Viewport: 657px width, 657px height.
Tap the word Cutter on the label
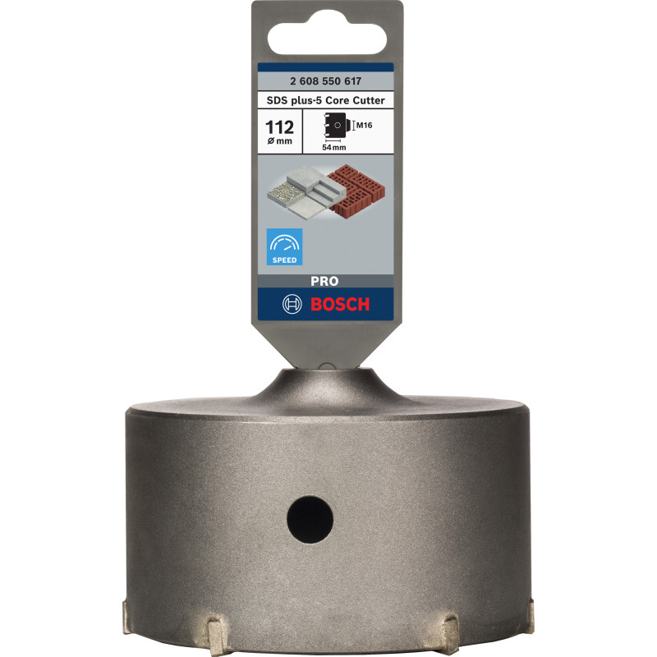[365, 100]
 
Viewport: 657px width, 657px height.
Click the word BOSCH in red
[340, 304]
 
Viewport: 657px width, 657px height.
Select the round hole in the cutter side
[310, 517]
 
